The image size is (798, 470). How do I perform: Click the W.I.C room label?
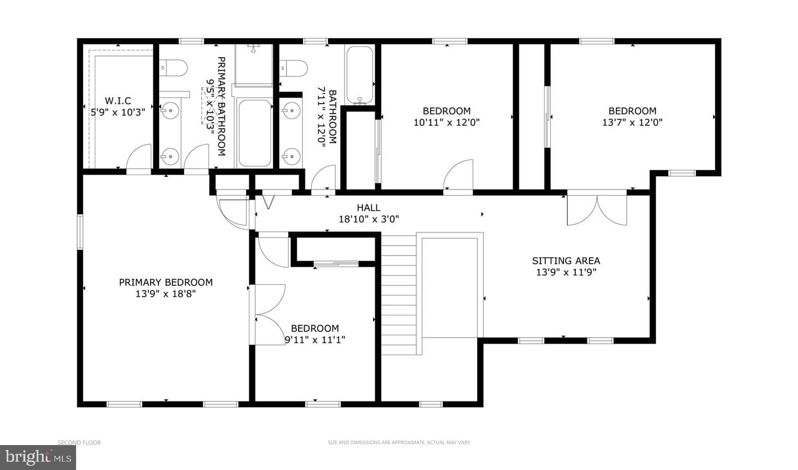click(x=118, y=100)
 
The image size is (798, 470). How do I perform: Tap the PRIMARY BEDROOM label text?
click(x=166, y=282)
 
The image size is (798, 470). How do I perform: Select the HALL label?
click(x=369, y=207)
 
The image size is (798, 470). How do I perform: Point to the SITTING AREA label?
click(x=566, y=261)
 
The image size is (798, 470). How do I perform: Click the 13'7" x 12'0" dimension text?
click(x=632, y=122)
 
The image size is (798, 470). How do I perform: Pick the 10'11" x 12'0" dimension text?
click(x=447, y=122)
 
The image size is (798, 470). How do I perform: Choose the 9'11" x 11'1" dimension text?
click(x=315, y=340)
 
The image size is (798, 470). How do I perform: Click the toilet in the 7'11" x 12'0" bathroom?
click(x=294, y=68)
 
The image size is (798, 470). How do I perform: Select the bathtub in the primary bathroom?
click(x=255, y=133)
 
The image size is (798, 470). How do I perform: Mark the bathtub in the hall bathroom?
click(x=360, y=75)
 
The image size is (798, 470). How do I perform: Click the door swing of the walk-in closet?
click(x=139, y=159)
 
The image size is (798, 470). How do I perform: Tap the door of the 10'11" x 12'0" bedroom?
click(x=458, y=175)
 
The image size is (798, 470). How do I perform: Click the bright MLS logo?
click(x=38, y=457)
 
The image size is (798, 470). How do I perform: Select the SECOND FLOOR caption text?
click(x=79, y=442)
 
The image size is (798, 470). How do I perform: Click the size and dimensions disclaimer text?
click(x=399, y=442)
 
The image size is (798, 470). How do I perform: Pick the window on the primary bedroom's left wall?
click(x=80, y=232)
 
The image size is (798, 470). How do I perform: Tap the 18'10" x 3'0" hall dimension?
click(x=369, y=219)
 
